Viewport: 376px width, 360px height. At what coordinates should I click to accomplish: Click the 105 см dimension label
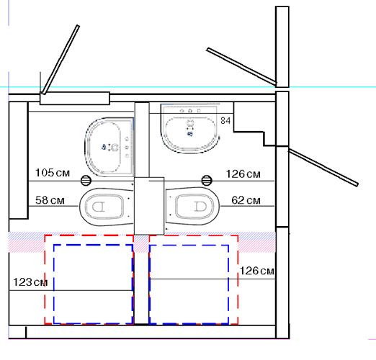(x=53, y=173)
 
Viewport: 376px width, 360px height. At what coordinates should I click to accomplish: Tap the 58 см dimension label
(x=50, y=200)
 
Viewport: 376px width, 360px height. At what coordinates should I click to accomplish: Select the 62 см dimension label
(x=246, y=200)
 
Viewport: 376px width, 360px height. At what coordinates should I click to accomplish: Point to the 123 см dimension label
(x=30, y=282)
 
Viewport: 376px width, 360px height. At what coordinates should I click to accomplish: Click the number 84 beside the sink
(x=225, y=120)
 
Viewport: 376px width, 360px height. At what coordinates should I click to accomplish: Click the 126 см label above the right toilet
(x=243, y=174)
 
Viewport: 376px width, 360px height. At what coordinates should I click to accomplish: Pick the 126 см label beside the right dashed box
(x=257, y=271)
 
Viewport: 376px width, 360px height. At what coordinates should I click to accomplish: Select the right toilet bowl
(x=192, y=206)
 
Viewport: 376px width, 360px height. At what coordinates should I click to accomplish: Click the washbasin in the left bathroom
(x=109, y=147)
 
